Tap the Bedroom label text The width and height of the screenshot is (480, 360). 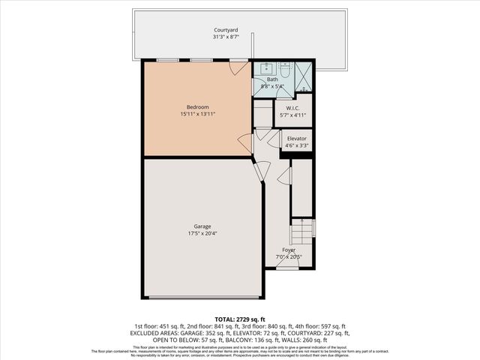197,106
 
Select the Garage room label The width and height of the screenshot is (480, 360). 202,226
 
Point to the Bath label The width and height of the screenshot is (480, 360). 272,79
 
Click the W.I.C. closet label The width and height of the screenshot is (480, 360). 292,108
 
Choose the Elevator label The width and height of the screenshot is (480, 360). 296,139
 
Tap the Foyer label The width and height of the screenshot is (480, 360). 289,250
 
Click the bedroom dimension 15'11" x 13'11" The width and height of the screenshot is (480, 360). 197,114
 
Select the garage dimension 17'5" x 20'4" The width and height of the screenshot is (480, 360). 202,233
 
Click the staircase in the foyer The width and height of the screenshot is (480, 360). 303,228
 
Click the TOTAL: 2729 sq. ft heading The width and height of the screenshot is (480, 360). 240,319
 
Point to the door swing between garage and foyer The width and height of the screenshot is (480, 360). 259,171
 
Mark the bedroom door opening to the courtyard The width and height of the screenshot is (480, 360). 238,67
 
